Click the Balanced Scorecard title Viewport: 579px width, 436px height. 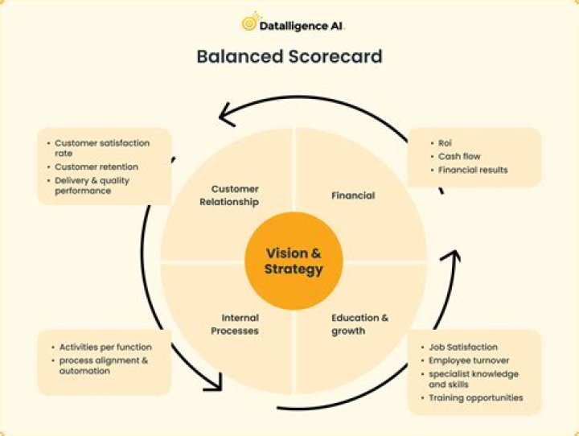click(289, 57)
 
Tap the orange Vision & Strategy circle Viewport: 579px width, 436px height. click(294, 261)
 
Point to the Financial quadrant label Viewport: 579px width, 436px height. click(353, 195)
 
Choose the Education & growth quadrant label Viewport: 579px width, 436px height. click(359, 323)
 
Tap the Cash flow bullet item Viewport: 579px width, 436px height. click(459, 156)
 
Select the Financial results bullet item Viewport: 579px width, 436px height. click(473, 170)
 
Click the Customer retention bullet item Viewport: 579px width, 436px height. click(96, 167)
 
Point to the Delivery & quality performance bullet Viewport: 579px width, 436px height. click(92, 186)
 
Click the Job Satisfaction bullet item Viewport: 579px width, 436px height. click(462, 347)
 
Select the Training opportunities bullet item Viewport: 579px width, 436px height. click(475, 397)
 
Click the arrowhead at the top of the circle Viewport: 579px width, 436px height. click(232, 114)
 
